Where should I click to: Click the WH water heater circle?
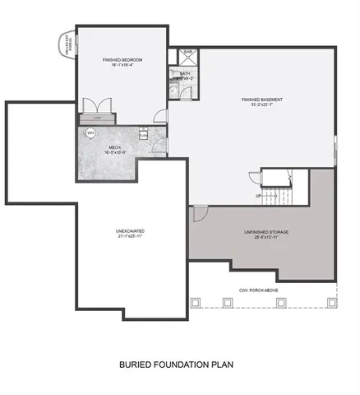click(x=90, y=132)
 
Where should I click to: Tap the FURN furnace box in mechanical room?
click(x=143, y=135)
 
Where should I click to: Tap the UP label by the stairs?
click(x=259, y=196)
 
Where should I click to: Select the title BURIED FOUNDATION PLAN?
click(x=179, y=362)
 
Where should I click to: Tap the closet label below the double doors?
click(x=98, y=118)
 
